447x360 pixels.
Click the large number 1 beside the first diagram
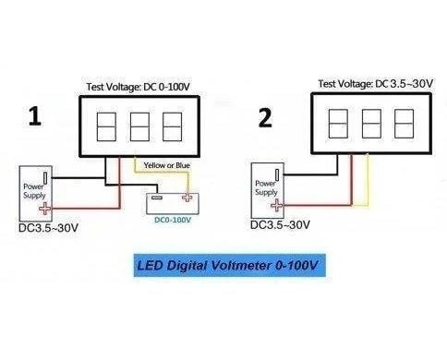[35, 116]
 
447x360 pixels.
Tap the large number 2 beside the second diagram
[265, 118]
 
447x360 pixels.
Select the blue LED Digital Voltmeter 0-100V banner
[230, 265]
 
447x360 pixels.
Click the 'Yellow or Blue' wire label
[167, 165]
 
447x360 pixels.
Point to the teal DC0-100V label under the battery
[173, 220]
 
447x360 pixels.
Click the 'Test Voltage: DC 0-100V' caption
[139, 87]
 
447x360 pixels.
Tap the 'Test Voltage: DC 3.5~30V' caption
[376, 84]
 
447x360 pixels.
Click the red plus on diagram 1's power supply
[45, 209]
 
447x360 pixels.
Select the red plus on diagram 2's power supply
[277, 205]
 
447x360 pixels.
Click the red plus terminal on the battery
[187, 197]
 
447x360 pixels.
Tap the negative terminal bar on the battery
[157, 197]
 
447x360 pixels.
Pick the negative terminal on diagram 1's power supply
[45, 178]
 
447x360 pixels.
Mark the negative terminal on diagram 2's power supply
[277, 174]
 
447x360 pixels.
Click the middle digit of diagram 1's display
[139, 126]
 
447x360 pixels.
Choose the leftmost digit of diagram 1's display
[106, 126]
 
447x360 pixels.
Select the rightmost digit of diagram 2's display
[404, 124]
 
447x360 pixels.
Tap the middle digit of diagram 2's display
[371, 124]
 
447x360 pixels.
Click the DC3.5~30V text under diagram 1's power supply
[48, 228]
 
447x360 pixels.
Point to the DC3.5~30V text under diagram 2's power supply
[280, 225]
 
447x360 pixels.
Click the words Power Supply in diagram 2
[266, 187]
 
